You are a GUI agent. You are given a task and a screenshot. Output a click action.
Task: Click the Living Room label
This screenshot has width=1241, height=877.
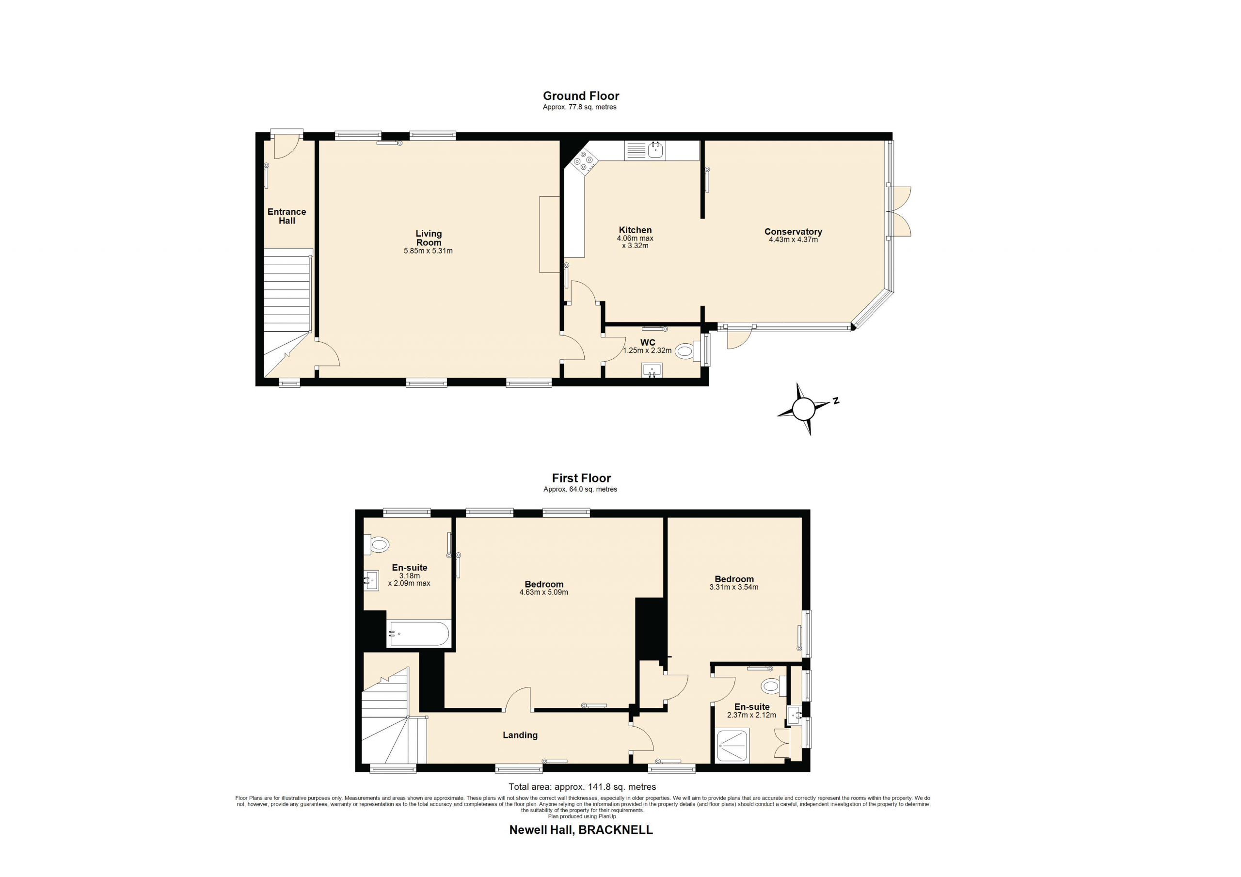(x=429, y=238)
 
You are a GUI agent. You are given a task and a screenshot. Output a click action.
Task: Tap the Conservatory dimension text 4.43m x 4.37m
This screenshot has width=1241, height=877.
(x=793, y=239)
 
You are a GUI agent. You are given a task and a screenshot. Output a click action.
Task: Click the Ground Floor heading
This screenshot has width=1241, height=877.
(x=581, y=96)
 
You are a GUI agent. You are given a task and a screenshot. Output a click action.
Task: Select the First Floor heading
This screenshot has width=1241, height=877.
(x=581, y=478)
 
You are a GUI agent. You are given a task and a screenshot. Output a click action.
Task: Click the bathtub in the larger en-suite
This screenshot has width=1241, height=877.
(x=418, y=634)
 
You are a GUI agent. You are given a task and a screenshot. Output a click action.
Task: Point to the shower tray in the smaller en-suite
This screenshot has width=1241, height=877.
(x=732, y=746)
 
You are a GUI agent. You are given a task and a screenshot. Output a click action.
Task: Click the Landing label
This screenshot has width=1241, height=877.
(x=520, y=735)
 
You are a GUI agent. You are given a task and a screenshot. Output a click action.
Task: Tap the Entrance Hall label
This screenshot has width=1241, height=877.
(x=287, y=216)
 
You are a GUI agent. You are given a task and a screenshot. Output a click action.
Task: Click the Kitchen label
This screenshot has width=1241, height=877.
(x=635, y=230)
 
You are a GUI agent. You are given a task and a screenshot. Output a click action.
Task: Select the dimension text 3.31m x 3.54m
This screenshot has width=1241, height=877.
(x=733, y=587)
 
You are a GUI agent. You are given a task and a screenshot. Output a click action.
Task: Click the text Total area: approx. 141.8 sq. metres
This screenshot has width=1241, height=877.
(x=582, y=787)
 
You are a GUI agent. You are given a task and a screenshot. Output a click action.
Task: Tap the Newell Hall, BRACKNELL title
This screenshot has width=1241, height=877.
(x=581, y=829)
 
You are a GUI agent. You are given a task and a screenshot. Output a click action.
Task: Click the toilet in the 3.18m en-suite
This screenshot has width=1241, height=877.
(x=377, y=544)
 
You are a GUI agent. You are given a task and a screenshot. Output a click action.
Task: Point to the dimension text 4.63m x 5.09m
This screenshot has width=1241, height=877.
(x=543, y=592)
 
